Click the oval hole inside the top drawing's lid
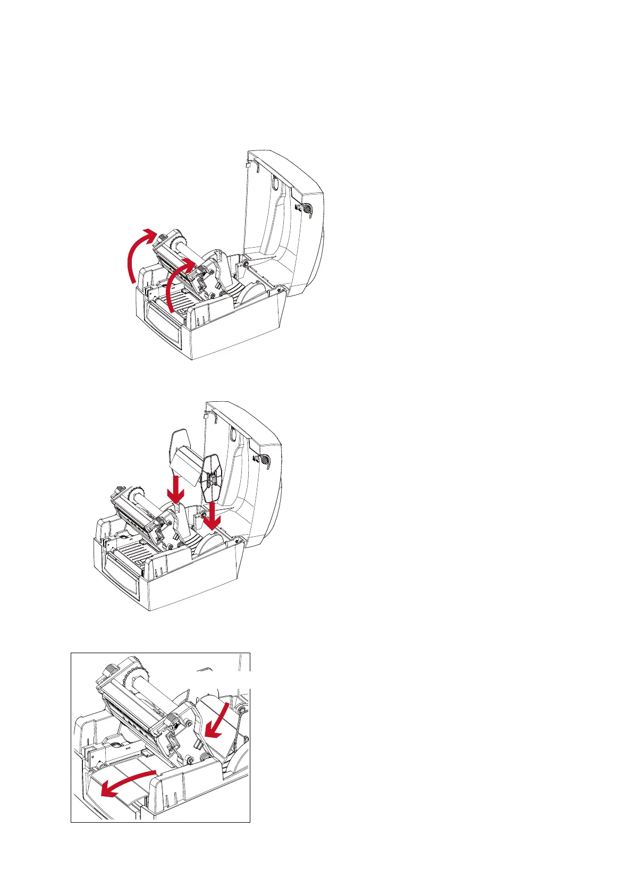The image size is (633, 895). click(x=274, y=184)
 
